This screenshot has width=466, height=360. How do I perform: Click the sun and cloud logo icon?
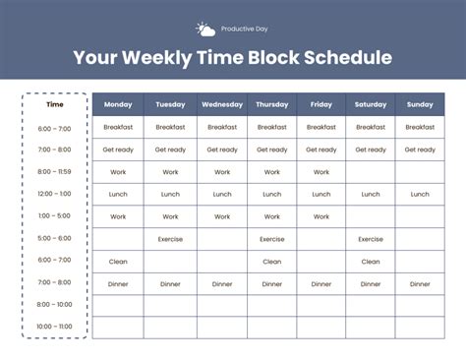(204, 30)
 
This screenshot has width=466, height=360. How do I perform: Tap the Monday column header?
(118, 104)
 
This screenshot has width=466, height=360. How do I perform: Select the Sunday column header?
(420, 104)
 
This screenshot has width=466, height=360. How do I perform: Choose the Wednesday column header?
(221, 104)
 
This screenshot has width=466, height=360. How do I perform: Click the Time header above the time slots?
(55, 104)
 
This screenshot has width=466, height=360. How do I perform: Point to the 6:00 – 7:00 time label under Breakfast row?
(55, 128)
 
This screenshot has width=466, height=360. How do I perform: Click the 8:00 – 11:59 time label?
(55, 172)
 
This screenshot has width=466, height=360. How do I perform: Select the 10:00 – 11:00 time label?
(55, 327)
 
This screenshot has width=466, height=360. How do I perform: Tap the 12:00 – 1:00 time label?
(55, 194)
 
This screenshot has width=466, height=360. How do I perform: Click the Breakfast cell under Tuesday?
(170, 127)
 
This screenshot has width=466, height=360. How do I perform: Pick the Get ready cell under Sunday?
(420, 150)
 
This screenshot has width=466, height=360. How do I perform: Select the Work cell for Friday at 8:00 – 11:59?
(321, 172)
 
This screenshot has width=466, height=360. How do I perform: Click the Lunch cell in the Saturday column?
(371, 194)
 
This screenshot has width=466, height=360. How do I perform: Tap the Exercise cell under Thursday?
(272, 239)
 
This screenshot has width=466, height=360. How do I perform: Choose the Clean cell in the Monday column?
(118, 262)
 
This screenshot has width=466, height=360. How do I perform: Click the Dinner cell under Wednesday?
(221, 284)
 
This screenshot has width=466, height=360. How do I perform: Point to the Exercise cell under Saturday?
(371, 239)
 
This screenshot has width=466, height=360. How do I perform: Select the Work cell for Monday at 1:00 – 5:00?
(118, 216)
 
